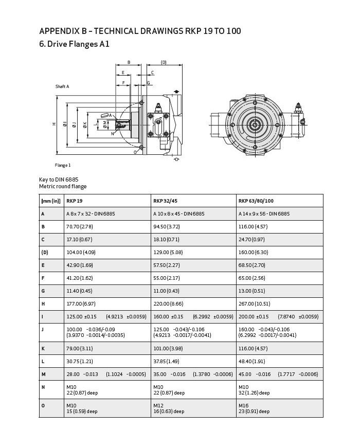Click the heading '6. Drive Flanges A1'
74,44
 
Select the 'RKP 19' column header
75,201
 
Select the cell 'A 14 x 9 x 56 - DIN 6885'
264,213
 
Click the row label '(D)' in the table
44,252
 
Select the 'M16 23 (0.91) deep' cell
254,408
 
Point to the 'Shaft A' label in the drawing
62,86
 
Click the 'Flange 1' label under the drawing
63,165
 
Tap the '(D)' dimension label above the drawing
164,62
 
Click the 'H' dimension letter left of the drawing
53,124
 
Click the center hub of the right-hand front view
255,124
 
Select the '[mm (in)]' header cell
51,201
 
